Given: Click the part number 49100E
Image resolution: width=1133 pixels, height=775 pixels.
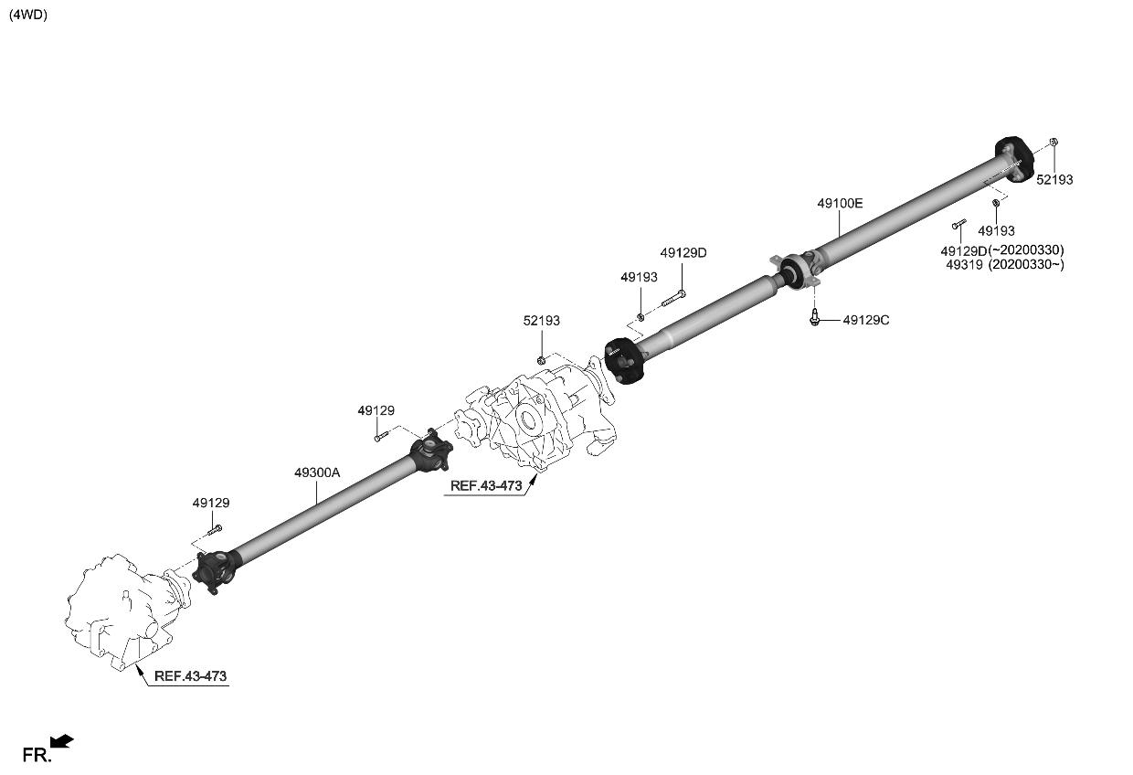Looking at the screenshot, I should point(839,204).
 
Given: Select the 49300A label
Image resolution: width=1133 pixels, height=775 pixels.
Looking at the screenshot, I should point(317,472).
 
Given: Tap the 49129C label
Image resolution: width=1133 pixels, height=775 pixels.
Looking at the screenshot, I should point(865,320).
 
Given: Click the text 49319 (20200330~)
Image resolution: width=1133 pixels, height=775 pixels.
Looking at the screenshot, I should point(1005,265).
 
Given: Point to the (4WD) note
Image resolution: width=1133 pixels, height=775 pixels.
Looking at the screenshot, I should point(27,16).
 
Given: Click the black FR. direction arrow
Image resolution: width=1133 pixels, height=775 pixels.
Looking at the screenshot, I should point(62,742).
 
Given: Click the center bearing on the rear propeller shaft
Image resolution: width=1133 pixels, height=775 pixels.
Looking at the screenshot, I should point(793,271).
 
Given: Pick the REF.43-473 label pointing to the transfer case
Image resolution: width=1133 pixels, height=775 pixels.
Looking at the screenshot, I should point(486,486).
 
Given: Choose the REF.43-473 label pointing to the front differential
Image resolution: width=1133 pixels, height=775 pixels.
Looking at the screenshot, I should point(190,676).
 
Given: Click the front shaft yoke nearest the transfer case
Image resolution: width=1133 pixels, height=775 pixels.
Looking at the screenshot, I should point(430,450).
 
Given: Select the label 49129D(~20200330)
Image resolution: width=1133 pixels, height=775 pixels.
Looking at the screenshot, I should point(1001,250).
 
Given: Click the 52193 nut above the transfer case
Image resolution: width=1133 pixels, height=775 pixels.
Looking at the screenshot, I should point(542,360).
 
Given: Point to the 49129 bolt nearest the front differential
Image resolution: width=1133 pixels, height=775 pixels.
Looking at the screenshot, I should point(215,529).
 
